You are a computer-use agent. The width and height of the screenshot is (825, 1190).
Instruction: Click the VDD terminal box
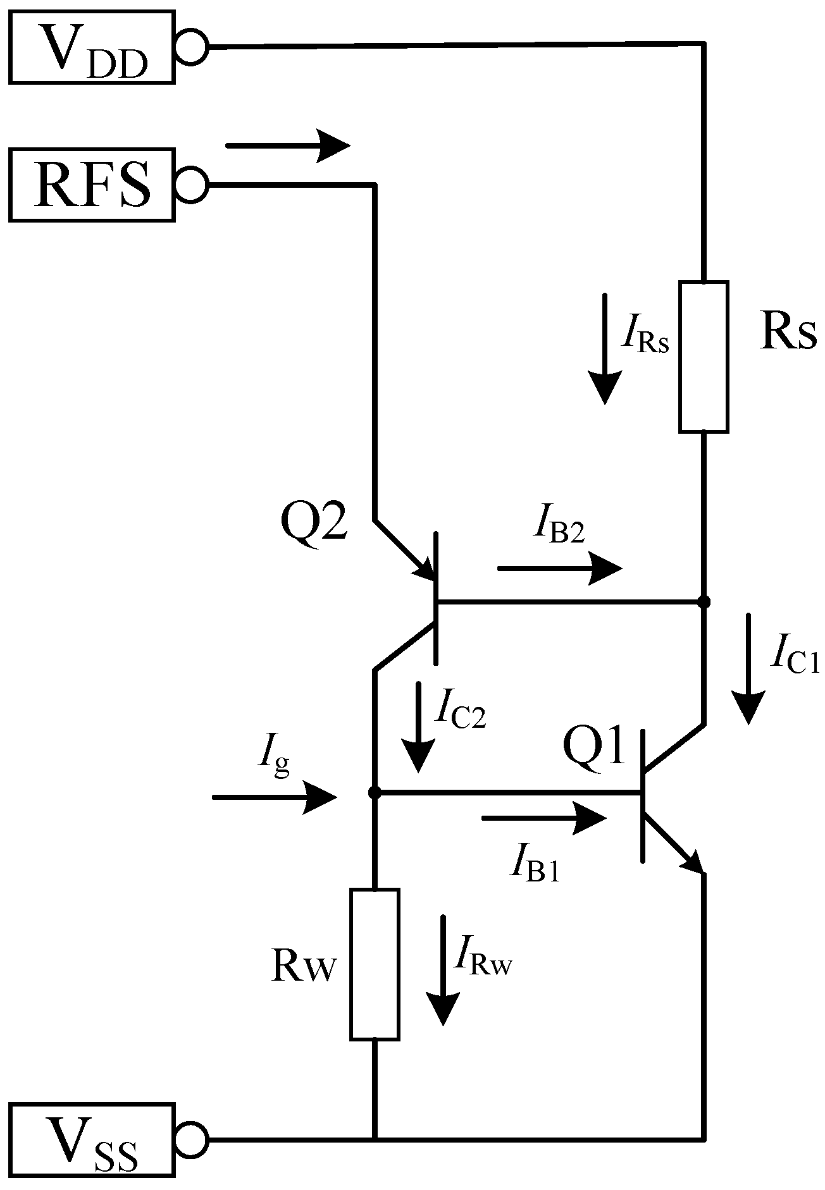pos(92,46)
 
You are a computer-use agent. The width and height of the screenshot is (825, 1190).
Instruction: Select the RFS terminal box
pos(92,185)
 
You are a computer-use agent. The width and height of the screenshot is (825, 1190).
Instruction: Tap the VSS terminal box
pos(92,1140)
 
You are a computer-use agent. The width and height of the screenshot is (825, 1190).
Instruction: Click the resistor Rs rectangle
pos(704,357)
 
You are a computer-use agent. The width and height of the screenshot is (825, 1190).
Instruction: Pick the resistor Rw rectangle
pos(375,964)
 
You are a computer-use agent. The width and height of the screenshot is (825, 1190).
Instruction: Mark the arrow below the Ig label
pos(273,797)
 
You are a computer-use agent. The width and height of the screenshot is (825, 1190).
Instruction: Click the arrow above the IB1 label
pos(544,818)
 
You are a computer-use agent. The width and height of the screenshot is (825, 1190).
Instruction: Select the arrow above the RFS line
pos(287,145)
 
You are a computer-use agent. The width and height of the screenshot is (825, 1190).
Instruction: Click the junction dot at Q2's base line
pos(703,601)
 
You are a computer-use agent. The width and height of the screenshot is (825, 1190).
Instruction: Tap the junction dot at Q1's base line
pos(375,792)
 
